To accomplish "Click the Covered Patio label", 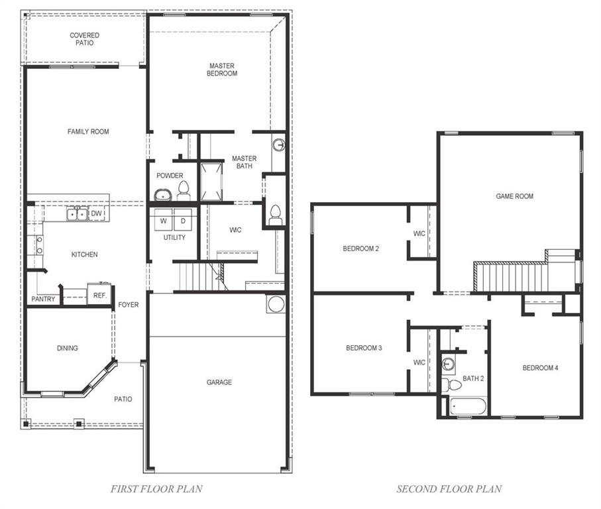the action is tap(85, 39).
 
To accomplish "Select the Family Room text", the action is tap(88, 132).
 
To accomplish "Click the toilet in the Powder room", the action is tap(184, 192).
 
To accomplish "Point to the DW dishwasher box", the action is tap(97, 213).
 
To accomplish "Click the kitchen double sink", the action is tap(77, 213).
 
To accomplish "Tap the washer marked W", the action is tap(163, 220).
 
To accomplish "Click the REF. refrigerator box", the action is tap(99, 295).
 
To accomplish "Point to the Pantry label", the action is tap(43, 300).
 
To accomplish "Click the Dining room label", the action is tap(67, 348).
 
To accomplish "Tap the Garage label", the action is tap(219, 382).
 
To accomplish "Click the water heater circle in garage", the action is tap(276, 304).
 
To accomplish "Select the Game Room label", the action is tap(515, 196).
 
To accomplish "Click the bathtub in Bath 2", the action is tap(468, 406).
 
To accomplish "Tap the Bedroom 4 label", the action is tap(540, 368).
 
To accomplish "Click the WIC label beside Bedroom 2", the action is tap(419, 233).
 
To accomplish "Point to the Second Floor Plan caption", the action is tap(449, 490).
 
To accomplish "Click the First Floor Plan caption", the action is tap(156, 490).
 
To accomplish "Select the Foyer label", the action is tap(129, 305).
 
